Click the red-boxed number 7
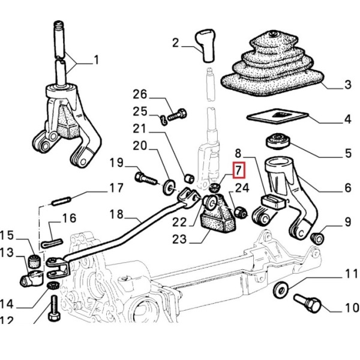[238, 170]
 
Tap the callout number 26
[139, 94]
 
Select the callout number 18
[116, 214]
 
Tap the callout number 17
[115, 189]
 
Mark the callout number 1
[97, 61]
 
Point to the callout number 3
[347, 86]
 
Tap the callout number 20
[139, 145]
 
